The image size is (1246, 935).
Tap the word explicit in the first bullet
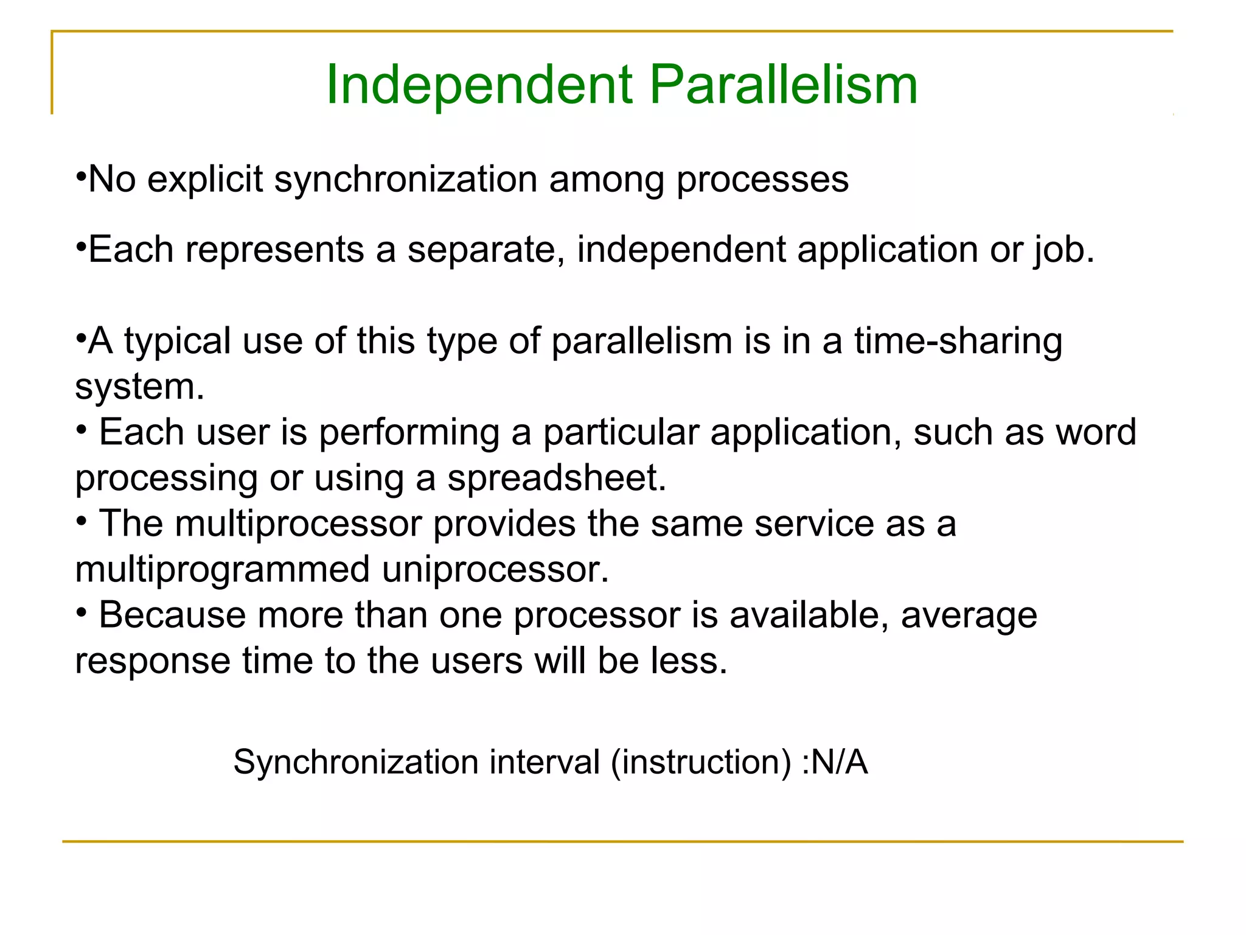tap(205, 180)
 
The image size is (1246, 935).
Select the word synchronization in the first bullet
tap(406, 180)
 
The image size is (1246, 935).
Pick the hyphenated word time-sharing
tap(958, 341)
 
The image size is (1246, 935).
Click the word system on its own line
tap(139, 387)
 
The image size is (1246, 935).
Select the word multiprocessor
tap(298, 524)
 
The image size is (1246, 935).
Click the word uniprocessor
tap(495, 570)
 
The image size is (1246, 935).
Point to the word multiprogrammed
tap(222, 570)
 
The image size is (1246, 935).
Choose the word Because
tap(172, 615)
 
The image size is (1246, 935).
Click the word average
tap(969, 615)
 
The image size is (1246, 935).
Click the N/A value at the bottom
tap(839, 762)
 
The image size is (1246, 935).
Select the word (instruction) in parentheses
tap(701, 762)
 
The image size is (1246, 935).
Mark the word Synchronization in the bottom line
tap(356, 762)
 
